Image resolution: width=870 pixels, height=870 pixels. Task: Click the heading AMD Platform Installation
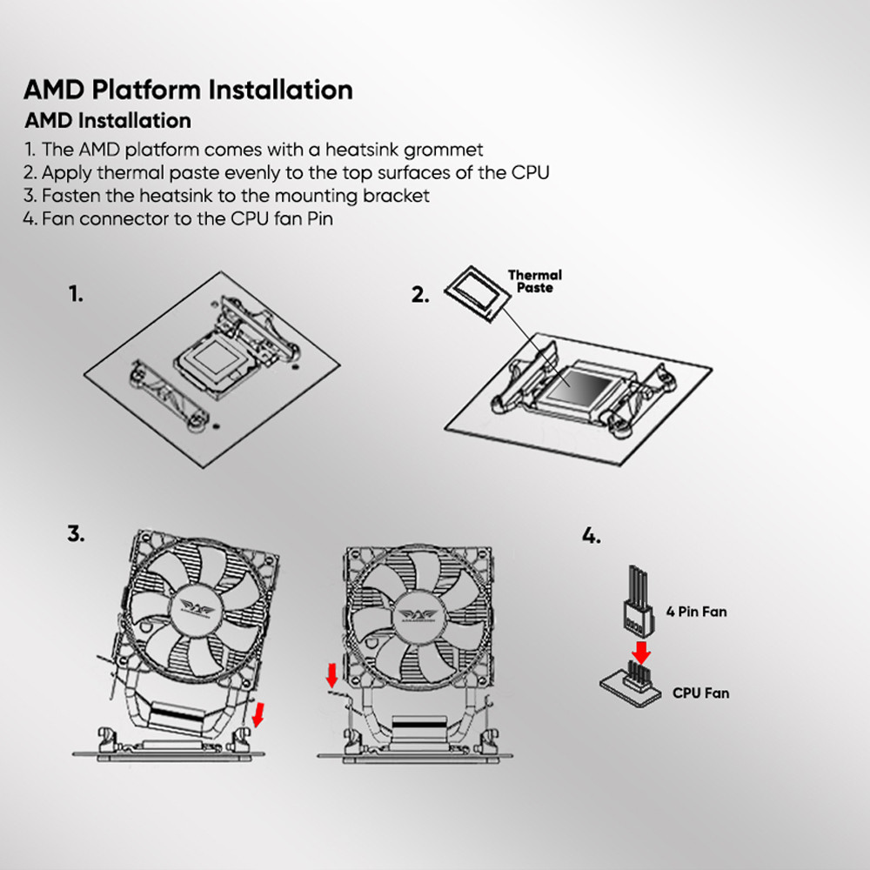(x=188, y=90)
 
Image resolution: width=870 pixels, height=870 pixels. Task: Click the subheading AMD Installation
(x=108, y=120)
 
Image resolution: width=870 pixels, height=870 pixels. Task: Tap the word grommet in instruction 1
(x=441, y=150)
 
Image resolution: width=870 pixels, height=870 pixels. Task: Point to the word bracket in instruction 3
(x=398, y=196)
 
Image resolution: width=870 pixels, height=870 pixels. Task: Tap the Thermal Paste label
(x=534, y=281)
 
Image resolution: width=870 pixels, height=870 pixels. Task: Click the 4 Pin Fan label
(x=696, y=612)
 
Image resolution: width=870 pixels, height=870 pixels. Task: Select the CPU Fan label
(x=700, y=693)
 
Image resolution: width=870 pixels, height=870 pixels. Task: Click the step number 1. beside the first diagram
(x=77, y=294)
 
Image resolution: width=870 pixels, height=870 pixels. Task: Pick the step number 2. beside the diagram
(x=420, y=295)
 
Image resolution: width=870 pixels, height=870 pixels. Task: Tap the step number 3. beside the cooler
(x=77, y=534)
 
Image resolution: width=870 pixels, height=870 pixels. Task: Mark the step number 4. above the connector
(x=591, y=536)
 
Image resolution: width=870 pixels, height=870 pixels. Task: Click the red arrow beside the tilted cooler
(x=257, y=715)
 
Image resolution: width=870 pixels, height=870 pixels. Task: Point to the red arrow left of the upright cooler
(x=331, y=674)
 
